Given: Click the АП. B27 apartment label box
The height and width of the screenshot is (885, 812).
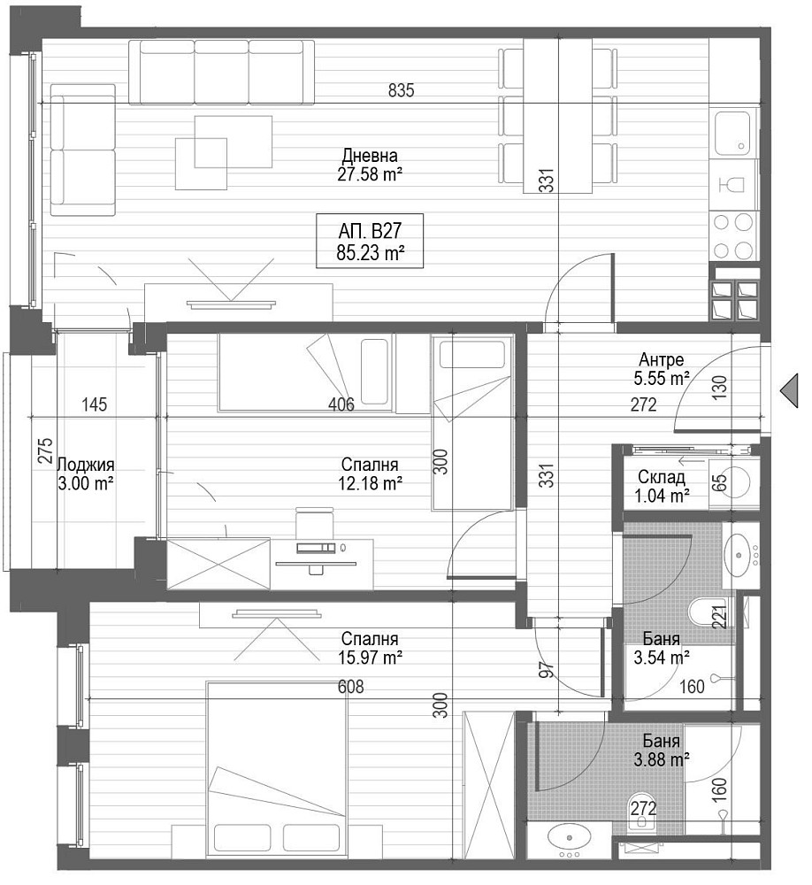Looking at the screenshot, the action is pos(370,241).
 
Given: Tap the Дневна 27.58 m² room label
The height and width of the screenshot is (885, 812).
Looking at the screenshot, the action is pos(370,165).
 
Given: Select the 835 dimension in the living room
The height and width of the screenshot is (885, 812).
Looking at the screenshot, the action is pos(402,89).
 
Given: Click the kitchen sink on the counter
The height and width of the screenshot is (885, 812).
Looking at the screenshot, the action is pos(733,134).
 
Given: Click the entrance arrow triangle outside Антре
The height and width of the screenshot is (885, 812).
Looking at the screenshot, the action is pos(789,390).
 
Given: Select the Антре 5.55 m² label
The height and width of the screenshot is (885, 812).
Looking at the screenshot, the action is pos(662,368).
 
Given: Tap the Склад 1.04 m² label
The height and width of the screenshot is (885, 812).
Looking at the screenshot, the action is pos(662,486).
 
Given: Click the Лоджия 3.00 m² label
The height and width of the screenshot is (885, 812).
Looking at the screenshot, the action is pos(86,473).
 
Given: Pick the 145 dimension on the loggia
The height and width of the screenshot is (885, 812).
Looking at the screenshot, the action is pos(95,404).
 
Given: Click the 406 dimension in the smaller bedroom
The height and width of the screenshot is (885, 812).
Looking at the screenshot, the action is pos(341,404).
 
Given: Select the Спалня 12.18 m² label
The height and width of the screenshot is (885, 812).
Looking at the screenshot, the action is pos(370,473).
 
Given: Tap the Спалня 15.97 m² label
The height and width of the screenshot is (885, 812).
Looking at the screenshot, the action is pos(370,648).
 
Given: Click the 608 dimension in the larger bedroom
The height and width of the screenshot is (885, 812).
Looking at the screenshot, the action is pos(350,687).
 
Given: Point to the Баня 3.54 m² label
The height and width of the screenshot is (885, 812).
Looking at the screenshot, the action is pos(662,648).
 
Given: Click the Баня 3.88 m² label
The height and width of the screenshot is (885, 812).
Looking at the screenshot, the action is pos(662,750).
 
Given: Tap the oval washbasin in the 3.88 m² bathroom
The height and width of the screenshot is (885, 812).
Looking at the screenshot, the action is pos(569,837).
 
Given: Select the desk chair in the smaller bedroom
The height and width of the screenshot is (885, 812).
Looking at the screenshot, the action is pos(315,523).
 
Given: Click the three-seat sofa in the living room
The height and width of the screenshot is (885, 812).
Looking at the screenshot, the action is pos(221,72).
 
